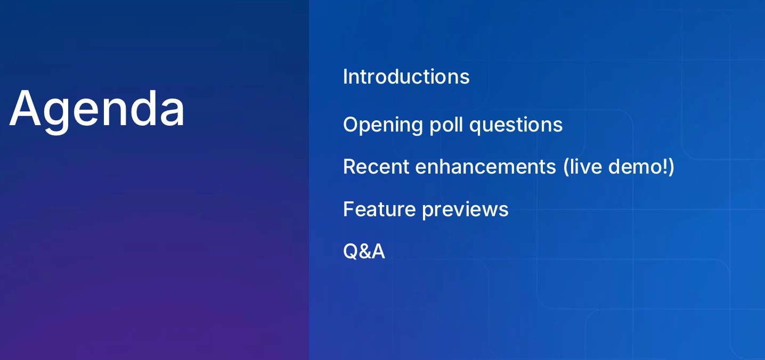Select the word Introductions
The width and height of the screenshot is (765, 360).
pos(406,77)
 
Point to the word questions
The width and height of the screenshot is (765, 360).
pos(516,125)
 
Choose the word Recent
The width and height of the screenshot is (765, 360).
pos(376,167)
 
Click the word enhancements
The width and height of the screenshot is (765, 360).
pos(486,167)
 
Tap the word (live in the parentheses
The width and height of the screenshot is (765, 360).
pos(582,167)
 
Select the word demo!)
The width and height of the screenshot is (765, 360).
pos(641,167)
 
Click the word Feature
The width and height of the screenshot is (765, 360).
pos(379,209)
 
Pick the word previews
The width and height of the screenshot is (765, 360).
pos(466,210)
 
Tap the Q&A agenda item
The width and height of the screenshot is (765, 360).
pos(364,251)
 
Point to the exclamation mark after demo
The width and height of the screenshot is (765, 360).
pos(664,167)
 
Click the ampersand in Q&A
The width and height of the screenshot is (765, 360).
pos(364,251)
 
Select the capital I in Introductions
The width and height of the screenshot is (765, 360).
pos(345,77)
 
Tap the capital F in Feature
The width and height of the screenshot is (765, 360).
pos(349,209)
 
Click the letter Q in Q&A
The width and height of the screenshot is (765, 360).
pos(351,252)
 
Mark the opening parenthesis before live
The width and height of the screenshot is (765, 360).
pos(566,167)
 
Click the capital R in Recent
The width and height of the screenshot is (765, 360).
pos(349,167)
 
